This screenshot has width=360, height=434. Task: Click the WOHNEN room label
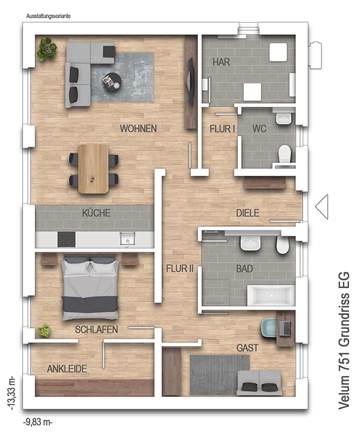point(138,128)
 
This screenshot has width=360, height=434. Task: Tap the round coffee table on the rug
point(112,82)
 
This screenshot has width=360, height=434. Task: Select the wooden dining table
point(93,168)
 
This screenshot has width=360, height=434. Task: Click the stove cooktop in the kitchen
point(67,239)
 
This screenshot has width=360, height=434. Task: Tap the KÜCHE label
point(96,213)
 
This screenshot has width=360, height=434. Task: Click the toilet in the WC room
point(285,154)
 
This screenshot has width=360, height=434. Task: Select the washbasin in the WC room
point(284,119)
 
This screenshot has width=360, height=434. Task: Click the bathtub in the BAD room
point(271,295)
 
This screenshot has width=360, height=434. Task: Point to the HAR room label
point(221,62)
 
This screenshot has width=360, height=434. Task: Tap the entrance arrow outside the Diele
point(322,206)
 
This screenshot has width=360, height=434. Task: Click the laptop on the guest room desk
point(286,328)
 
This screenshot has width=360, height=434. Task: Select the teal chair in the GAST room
point(269,328)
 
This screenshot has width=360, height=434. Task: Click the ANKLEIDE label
point(67,369)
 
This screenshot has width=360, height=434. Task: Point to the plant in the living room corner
point(47,49)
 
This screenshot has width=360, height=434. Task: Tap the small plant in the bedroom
point(44,331)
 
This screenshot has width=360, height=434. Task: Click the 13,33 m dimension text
point(12,392)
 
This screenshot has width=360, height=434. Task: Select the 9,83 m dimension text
point(38,422)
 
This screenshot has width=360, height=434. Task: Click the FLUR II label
point(179,269)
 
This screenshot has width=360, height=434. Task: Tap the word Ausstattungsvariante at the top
point(48,16)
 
